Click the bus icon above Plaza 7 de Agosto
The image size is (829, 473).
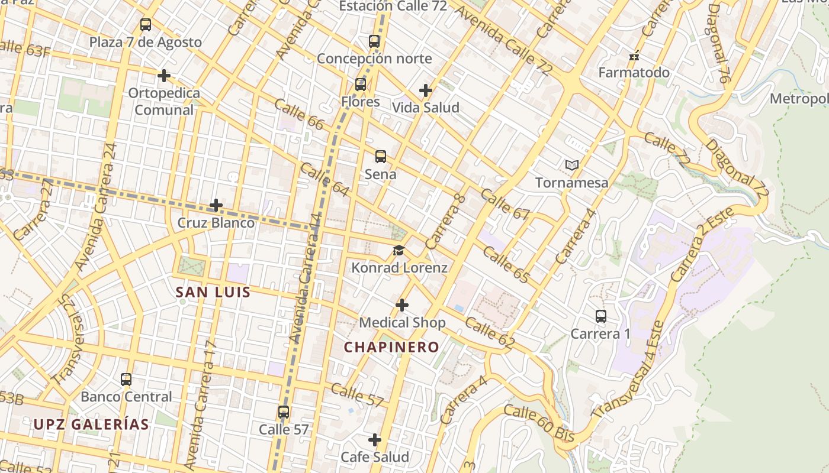click(145, 25)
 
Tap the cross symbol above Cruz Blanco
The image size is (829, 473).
click(216, 206)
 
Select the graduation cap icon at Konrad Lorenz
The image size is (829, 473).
click(399, 251)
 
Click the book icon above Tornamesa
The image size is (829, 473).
click(571, 166)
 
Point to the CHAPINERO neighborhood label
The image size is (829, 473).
click(391, 347)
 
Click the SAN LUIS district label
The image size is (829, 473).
click(213, 292)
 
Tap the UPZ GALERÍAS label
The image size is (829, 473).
click(91, 425)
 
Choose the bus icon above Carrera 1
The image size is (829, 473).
click(601, 316)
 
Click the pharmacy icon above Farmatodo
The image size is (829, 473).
click(634, 57)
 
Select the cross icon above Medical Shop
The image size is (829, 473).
click(402, 305)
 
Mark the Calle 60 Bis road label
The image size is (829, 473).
click(539, 423)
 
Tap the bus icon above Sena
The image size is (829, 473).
click(381, 157)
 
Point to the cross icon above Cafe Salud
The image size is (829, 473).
click(375, 440)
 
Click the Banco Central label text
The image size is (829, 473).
click(126, 397)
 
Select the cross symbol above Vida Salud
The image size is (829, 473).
click(425, 90)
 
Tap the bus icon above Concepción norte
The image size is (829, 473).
click(374, 41)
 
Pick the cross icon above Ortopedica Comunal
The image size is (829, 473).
click(164, 76)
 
